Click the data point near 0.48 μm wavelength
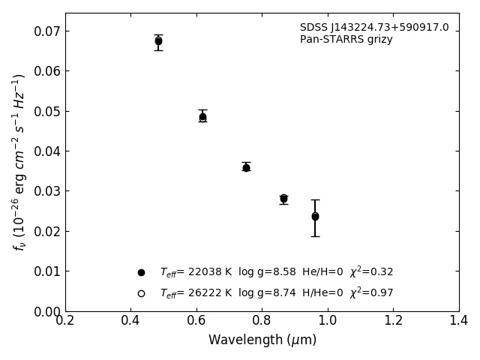pos(158,41)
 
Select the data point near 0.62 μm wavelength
pos(202,117)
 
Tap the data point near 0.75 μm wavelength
pos(246,167)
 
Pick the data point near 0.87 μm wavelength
pos(283,199)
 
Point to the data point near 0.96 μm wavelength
pos(315,217)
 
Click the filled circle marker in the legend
pos(141,272)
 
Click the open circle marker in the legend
pos(141,293)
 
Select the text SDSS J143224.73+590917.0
pos(374,28)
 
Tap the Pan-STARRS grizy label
pos(346,40)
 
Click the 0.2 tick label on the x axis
pos(65,321)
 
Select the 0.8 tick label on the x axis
pos(262,321)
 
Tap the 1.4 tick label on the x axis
pos(459,321)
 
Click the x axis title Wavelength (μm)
pos(262,340)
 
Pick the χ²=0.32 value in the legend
pos(371,271)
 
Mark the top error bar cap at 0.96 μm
pos(315,199)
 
